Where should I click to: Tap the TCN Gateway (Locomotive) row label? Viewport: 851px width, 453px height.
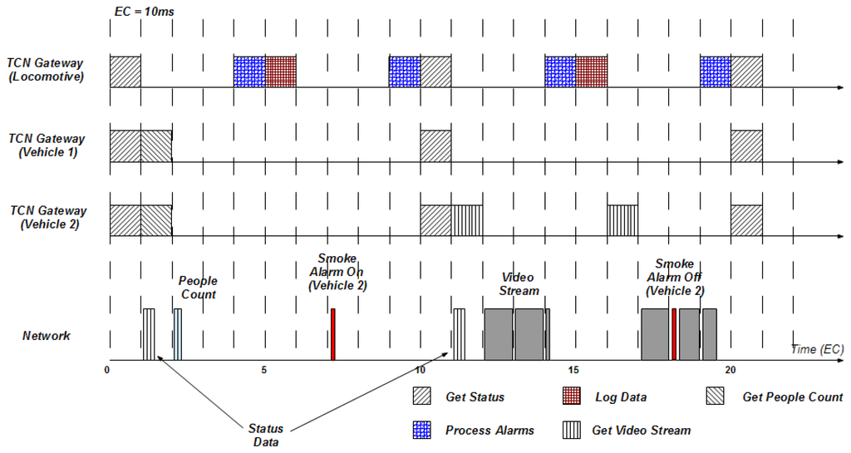[x=46, y=69]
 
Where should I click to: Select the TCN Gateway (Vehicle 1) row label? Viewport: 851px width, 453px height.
[x=46, y=145]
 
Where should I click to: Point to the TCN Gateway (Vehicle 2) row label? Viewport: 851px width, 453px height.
[x=46, y=219]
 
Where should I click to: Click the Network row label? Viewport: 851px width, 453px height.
[x=46, y=336]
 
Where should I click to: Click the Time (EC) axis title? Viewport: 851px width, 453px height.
[x=817, y=349]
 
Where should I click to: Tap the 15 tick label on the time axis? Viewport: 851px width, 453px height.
[x=574, y=370]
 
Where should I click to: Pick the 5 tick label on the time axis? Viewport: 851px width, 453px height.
[x=264, y=370]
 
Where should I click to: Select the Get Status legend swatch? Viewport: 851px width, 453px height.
[x=421, y=396]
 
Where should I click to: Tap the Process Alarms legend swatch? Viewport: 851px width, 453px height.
[x=421, y=430]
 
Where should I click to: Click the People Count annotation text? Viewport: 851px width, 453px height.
[x=198, y=288]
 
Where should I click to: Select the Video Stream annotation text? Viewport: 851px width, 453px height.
[x=519, y=283]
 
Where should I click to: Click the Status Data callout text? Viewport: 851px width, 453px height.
[x=266, y=435]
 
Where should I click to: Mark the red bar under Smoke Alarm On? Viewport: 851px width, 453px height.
[x=333, y=334]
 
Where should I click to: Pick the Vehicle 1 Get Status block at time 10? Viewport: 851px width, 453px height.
[x=435, y=145]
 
